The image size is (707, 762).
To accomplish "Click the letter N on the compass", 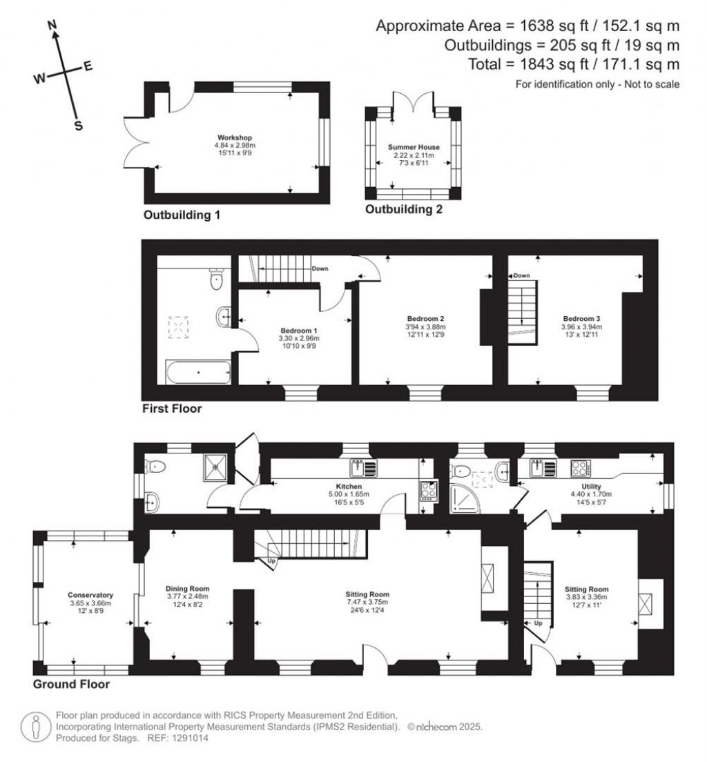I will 52,26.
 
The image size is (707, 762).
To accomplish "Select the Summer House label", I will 413,147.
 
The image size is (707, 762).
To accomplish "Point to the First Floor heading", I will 172,409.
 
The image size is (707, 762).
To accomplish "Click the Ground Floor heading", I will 72,685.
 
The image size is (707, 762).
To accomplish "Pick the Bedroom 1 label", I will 299,330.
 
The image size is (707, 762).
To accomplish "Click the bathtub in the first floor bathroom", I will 198,372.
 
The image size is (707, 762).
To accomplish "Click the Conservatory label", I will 90,595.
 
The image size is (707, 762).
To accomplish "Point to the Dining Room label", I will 187,588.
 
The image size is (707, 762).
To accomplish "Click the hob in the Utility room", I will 579,468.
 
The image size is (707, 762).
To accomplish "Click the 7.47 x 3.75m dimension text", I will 367,603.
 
